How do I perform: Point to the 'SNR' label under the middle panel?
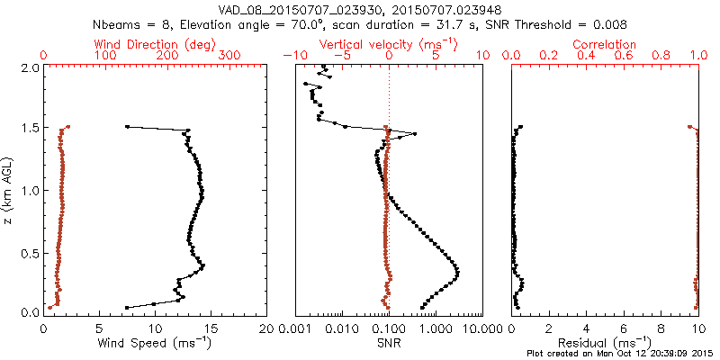(389, 342)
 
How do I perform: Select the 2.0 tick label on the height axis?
(30, 67)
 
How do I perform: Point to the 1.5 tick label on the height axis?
(30, 129)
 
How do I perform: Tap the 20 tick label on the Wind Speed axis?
(266, 328)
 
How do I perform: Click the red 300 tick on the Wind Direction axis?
(229, 55)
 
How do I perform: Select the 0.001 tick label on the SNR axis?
(294, 328)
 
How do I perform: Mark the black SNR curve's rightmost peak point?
(458, 271)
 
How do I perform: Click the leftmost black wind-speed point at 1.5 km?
(127, 127)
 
